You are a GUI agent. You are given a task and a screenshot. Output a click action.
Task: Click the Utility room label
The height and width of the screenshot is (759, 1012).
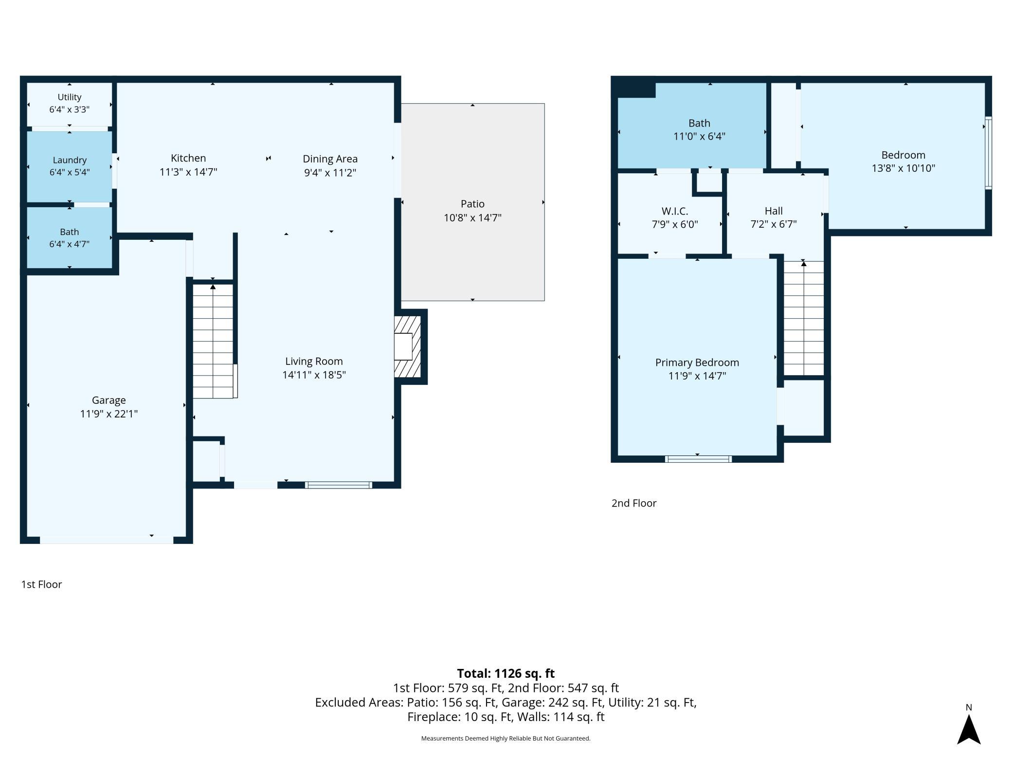coord(69,97)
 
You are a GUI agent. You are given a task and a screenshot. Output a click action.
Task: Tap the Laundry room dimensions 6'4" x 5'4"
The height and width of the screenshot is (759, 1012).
coord(70,172)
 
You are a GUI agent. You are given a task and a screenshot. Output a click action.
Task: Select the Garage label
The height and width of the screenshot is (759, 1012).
coord(109,400)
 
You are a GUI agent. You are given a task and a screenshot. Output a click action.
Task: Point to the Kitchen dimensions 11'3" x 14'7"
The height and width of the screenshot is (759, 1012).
coord(188,172)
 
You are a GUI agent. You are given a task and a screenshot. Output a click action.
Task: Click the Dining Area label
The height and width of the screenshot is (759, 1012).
coord(330,159)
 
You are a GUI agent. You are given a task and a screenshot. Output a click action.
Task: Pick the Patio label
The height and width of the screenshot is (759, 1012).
coord(472,204)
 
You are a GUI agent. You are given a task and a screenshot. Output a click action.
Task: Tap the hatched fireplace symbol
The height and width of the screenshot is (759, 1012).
coord(407,346)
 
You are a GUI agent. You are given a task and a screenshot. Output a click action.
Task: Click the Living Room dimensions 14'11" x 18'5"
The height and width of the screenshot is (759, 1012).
coord(314,375)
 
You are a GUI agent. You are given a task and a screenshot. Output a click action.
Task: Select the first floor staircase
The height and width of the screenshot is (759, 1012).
coord(213,341)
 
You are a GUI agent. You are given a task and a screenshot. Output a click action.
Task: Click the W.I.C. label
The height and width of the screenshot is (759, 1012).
coord(675,211)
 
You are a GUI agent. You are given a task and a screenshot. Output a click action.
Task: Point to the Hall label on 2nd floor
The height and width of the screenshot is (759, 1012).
coord(774,211)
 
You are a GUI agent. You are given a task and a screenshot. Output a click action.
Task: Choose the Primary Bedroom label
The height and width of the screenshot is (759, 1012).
coord(697,362)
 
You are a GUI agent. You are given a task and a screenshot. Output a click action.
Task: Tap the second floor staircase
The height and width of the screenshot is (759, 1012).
coord(804,318)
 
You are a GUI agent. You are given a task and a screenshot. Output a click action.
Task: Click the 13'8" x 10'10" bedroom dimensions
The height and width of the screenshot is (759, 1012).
coord(904,168)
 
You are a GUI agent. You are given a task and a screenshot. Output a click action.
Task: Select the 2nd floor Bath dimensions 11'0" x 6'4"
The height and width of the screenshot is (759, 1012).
coord(699,137)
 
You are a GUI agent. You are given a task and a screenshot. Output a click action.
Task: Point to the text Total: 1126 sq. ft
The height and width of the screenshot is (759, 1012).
coord(506,673)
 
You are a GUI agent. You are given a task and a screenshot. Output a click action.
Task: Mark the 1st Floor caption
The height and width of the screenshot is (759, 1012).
coord(41,584)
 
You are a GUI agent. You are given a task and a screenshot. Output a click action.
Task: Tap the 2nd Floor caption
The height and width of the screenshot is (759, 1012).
coord(634,503)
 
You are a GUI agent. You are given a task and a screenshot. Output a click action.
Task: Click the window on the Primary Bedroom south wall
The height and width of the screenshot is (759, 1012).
coord(698,459)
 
